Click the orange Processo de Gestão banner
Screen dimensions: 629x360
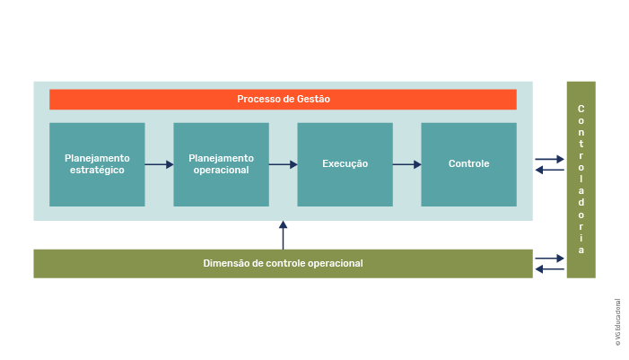pos(283,99)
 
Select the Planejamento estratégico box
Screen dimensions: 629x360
pos(97,164)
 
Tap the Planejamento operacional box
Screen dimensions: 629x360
pos(221,164)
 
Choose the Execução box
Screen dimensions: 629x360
pos(345,164)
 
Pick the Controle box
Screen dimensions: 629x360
pos(469,164)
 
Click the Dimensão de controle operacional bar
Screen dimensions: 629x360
pos(283,264)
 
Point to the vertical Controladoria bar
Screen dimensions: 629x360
pos(581,180)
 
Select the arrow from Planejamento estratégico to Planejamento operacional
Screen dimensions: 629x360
pos(159,164)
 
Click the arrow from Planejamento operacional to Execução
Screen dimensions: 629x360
pos(284,164)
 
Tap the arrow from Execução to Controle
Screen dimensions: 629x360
pos(407,164)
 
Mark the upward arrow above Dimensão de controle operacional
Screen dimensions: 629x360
pos(283,235)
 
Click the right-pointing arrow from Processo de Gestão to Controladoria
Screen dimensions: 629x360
pos(549,159)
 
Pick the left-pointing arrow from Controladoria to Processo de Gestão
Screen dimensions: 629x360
pos(549,171)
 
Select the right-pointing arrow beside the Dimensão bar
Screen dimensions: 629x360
pos(549,259)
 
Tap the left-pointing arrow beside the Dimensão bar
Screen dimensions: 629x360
pos(549,269)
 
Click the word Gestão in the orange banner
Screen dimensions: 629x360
pos(313,99)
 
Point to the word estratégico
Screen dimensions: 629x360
pos(97,171)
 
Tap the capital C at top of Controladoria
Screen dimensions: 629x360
pos(581,109)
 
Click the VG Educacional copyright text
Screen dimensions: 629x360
pos(617,322)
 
